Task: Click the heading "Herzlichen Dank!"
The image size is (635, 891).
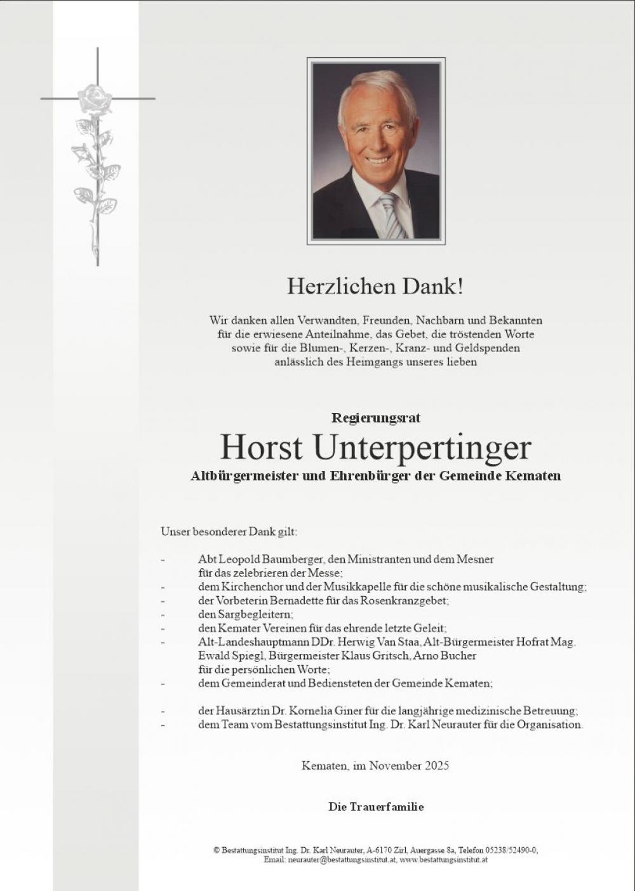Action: (375, 287)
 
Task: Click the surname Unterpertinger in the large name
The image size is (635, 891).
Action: (422, 447)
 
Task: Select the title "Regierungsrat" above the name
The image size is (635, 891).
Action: (375, 418)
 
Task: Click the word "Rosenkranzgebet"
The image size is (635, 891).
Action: (406, 601)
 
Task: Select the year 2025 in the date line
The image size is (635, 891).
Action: (436, 766)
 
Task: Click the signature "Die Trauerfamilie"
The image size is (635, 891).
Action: (375, 807)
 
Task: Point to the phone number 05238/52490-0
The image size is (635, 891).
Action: (511, 850)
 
